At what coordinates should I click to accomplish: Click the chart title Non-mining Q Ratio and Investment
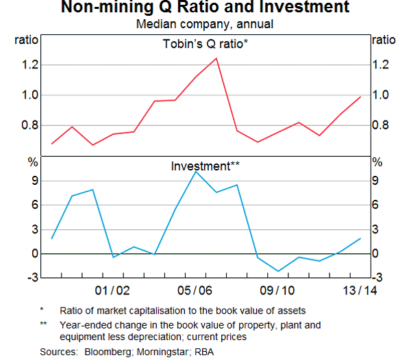coord(205,8)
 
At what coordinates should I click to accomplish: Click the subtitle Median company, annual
coord(205,24)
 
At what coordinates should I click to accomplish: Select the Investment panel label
coord(204,166)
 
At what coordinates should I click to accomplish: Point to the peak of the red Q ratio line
coord(216,58)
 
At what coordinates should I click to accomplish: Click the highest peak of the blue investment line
coord(196,171)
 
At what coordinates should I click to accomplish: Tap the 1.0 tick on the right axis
coord(382,95)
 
